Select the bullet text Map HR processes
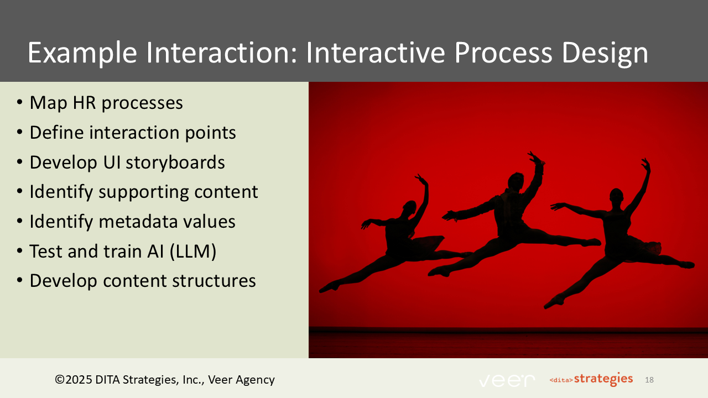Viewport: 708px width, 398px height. point(106,103)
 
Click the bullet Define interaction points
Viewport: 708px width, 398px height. point(133,133)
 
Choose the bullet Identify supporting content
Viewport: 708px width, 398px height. point(144,192)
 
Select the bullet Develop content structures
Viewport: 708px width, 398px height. point(143,281)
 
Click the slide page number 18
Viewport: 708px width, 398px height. point(649,380)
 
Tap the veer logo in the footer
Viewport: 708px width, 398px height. point(507,380)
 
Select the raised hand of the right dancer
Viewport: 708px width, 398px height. point(644,164)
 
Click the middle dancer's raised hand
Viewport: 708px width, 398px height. point(535,159)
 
